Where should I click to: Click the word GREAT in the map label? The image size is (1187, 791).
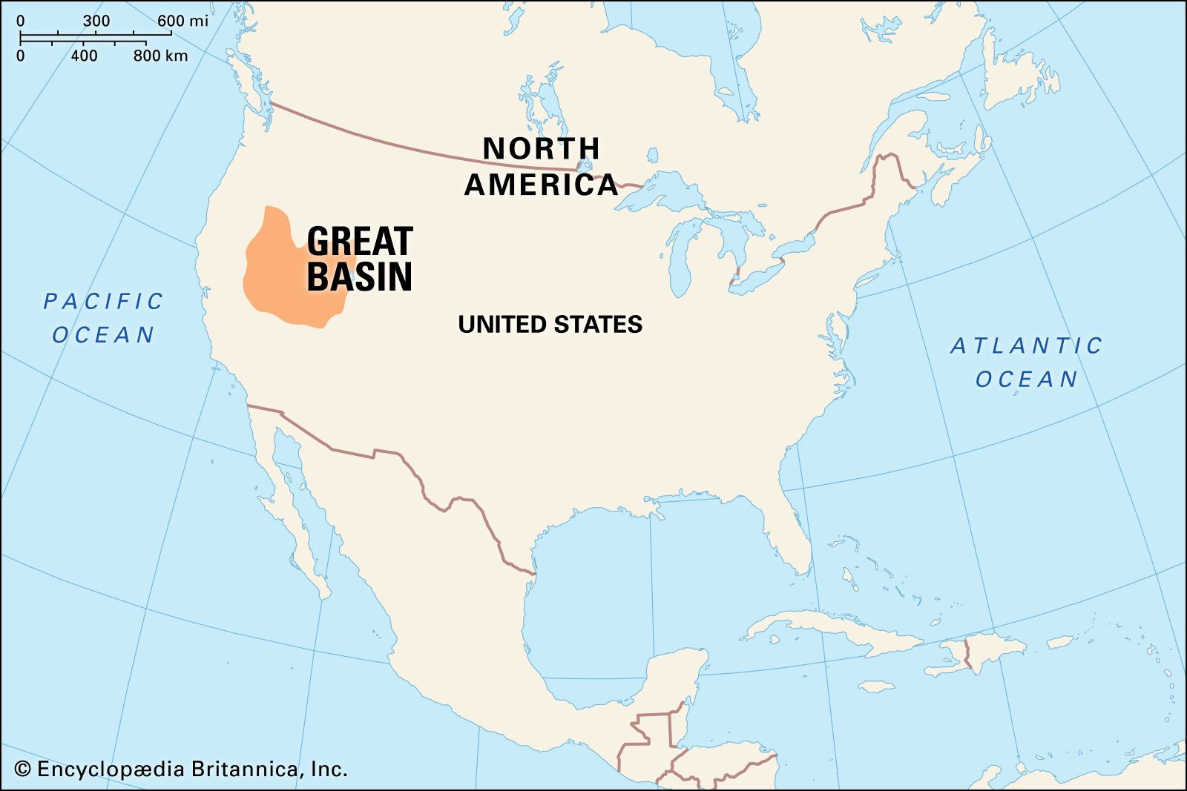tap(360, 242)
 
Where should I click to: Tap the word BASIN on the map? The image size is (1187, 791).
tap(360, 277)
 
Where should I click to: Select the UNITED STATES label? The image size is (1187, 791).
tap(550, 325)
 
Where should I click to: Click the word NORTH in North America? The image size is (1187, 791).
tap(541, 149)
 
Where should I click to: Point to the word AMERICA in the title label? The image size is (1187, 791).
tap(541, 185)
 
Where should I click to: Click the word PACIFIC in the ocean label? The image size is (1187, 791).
tap(103, 302)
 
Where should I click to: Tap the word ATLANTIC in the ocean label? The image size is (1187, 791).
tap(1027, 345)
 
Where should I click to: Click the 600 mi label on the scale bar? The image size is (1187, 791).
tap(183, 21)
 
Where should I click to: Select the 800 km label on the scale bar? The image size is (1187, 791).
tap(160, 56)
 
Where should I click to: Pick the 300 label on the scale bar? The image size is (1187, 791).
tap(96, 21)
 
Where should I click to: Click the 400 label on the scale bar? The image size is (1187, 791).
tap(84, 56)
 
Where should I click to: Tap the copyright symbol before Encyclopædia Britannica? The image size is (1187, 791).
tap(23, 769)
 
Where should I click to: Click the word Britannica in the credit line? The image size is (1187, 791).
tap(245, 769)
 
